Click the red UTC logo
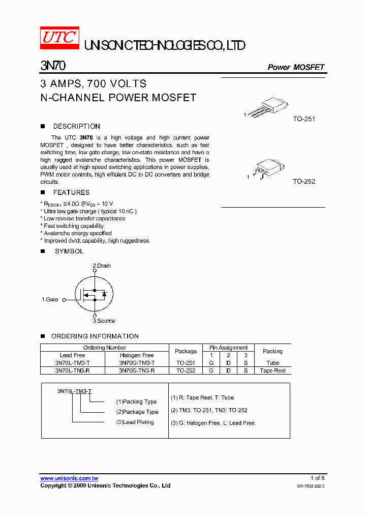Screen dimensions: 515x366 click(x=59, y=38)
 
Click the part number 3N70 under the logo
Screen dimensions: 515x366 click(x=52, y=66)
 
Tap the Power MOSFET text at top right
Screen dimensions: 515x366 click(x=296, y=67)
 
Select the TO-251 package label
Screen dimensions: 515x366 click(x=304, y=119)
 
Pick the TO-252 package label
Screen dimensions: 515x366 click(x=304, y=181)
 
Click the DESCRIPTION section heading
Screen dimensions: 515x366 click(x=76, y=126)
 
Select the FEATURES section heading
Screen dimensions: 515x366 click(x=71, y=192)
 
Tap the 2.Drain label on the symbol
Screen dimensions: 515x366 click(x=101, y=266)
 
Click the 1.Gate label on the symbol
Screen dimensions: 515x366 click(x=50, y=300)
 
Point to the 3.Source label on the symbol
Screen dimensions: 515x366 click(x=103, y=321)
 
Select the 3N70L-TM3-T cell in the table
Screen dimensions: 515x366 click(x=72, y=363)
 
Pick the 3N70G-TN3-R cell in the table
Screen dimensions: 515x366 click(x=137, y=370)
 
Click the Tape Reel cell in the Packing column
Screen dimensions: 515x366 click(x=272, y=370)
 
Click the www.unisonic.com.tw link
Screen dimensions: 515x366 click(x=69, y=478)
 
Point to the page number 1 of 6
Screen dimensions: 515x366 click(x=317, y=478)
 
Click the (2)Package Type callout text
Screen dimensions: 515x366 click(x=137, y=412)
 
